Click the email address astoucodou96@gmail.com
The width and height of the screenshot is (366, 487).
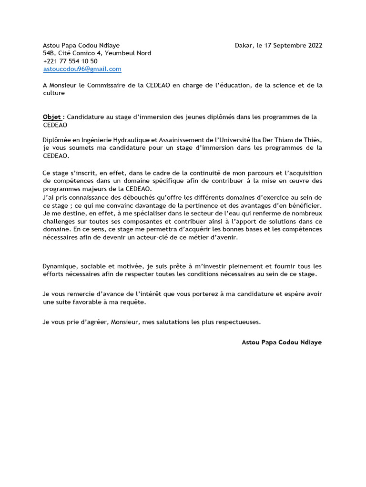coord(82,69)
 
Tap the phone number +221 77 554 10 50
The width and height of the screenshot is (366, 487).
coord(70,61)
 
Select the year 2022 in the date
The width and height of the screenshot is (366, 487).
coord(313,46)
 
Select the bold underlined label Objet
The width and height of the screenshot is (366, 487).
coord(52,117)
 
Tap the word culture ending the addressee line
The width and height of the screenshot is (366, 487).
coord(54,93)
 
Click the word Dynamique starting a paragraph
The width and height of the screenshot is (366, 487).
coord(60,266)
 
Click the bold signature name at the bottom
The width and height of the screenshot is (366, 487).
coord(282,342)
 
